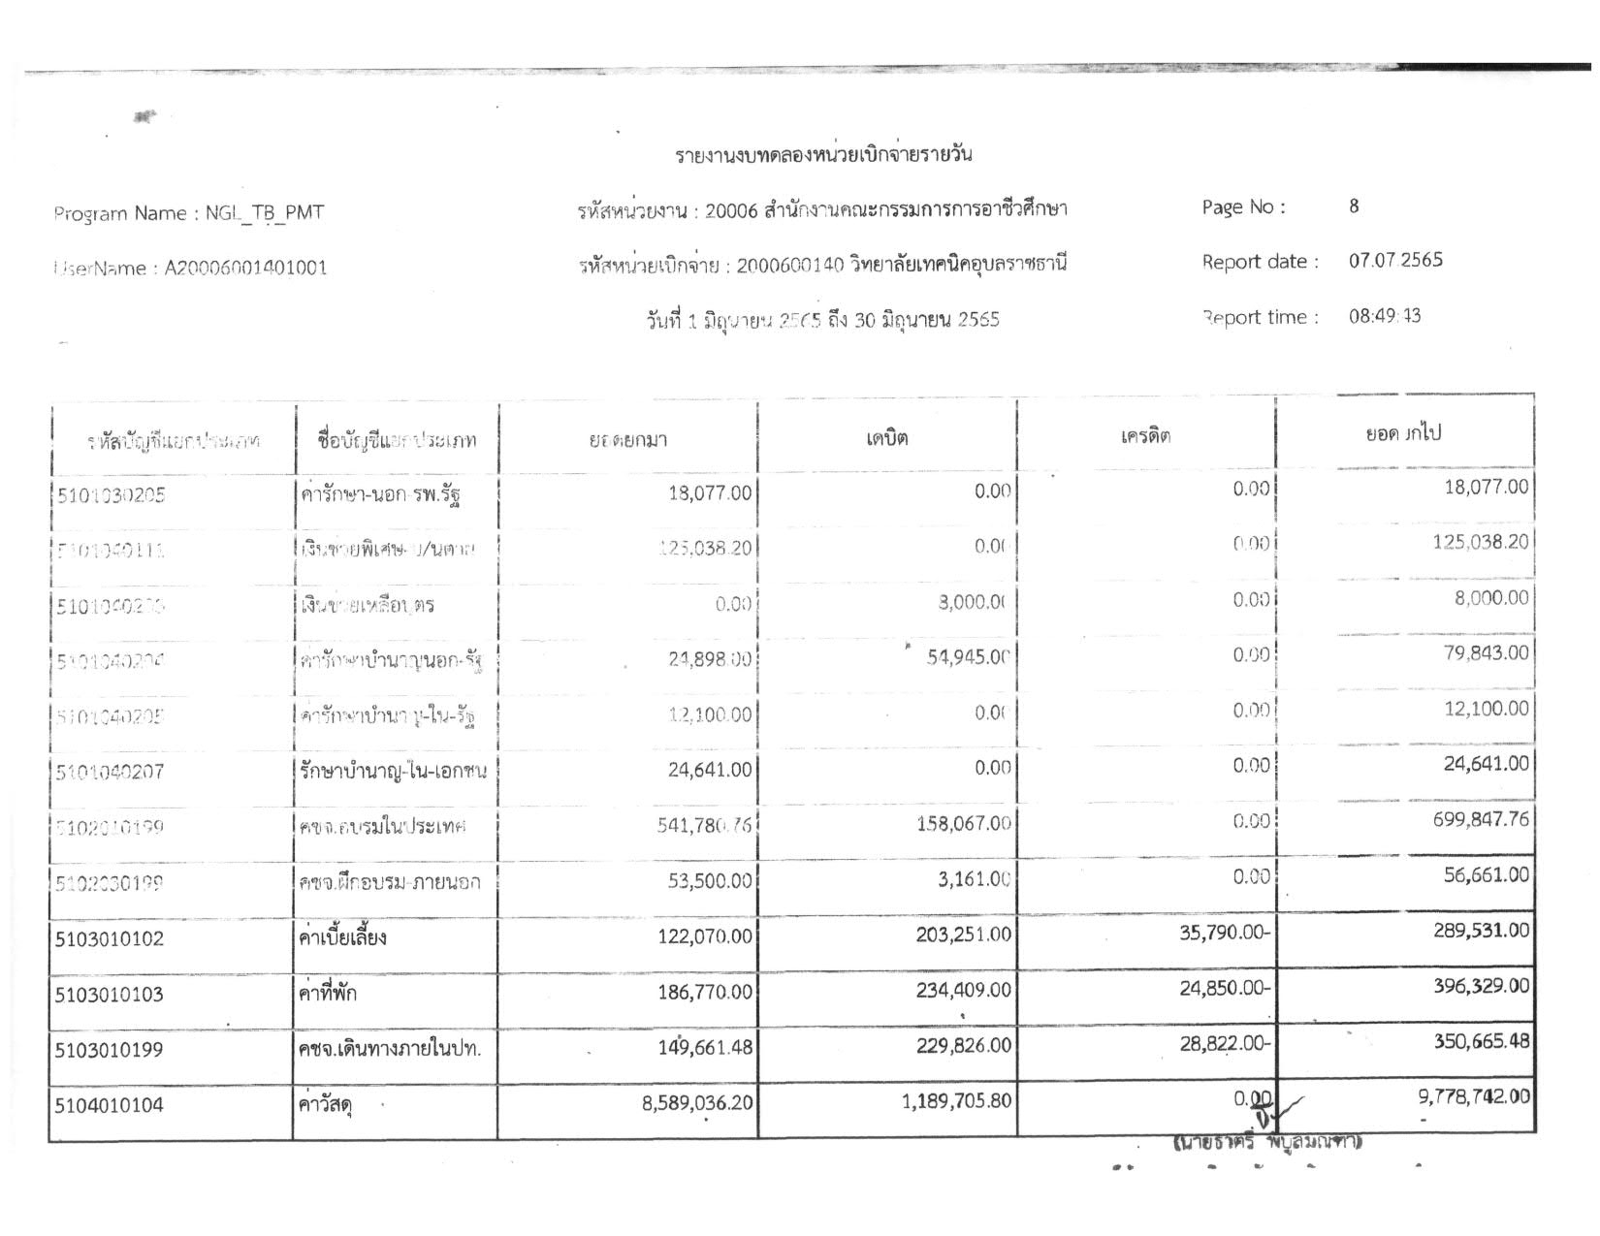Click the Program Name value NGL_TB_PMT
[x=264, y=213]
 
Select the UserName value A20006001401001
[x=245, y=269]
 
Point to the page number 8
[x=1354, y=206]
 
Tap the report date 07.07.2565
[x=1395, y=260]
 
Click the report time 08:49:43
[x=1385, y=316]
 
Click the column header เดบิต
[x=887, y=438]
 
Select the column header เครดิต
[x=1145, y=436]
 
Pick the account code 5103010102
[x=110, y=938]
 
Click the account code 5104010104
[x=110, y=1105]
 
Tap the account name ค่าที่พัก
[x=328, y=993]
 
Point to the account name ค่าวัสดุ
[x=326, y=1104]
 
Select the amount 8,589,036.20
[x=697, y=1102]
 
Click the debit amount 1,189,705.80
[x=956, y=1101]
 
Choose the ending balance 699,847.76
[x=1481, y=820]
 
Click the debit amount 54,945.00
[x=968, y=657]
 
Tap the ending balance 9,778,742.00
[x=1474, y=1096]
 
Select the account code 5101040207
[x=110, y=773]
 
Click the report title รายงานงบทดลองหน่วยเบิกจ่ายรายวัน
[x=823, y=155]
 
